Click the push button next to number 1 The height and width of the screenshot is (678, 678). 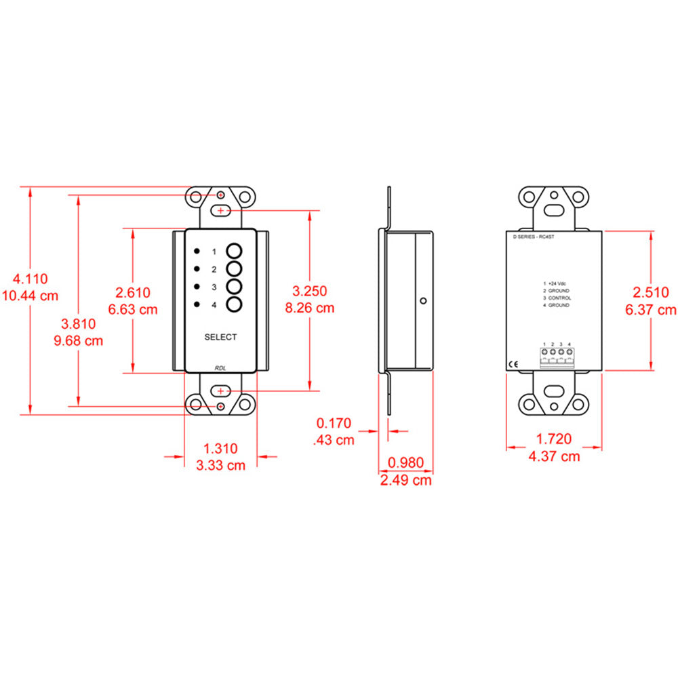coord(235,250)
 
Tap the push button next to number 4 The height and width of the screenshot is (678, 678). coord(235,304)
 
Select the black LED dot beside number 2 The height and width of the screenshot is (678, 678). coord(196,268)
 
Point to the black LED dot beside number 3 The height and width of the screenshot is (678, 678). coord(196,287)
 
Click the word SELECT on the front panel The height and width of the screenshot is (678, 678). coord(220,337)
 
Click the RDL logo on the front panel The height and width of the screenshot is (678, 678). coord(220,367)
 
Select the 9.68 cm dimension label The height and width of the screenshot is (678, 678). coord(78,340)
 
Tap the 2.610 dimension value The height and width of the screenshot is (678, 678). coord(133,292)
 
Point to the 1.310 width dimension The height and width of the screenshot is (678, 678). coord(221,448)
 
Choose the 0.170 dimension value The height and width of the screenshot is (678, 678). coord(334,424)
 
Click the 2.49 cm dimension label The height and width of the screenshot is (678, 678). coord(405,480)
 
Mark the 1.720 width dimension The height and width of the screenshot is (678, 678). coord(554,439)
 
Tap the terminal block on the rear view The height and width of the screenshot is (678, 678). coord(557,357)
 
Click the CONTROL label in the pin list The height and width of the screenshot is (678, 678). coord(559,298)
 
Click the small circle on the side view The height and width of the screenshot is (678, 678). coord(422,300)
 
